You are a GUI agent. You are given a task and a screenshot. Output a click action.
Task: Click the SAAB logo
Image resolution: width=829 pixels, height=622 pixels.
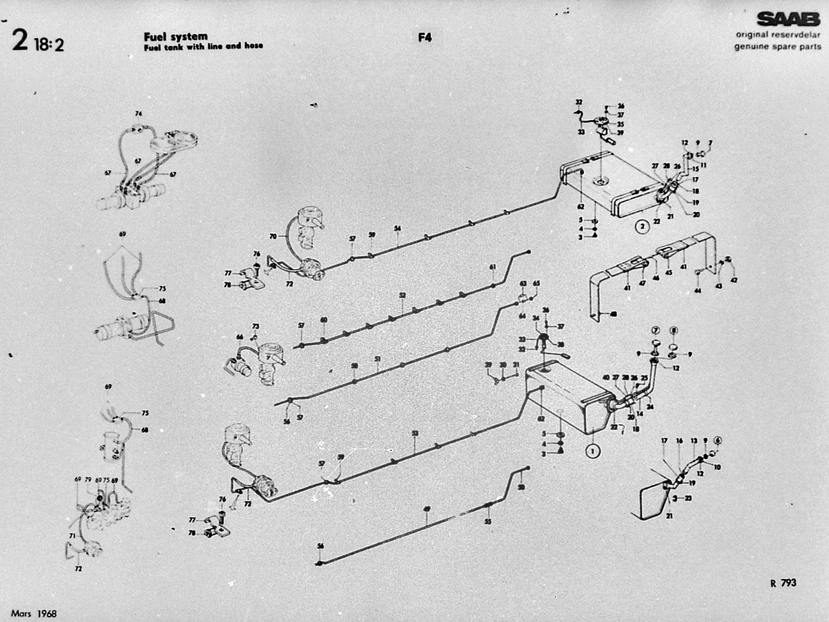click(x=788, y=19)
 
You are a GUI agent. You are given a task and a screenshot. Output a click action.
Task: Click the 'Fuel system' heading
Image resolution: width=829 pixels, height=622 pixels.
click(x=176, y=36)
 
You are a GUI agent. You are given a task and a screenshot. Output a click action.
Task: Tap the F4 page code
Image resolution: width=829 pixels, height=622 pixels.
click(x=424, y=37)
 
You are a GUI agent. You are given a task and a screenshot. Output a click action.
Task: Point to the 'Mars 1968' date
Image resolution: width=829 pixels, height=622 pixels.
click(x=34, y=613)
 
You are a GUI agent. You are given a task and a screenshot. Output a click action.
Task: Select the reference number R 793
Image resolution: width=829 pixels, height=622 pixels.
click(x=783, y=583)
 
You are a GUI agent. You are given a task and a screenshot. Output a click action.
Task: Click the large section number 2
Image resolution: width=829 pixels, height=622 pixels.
click(x=20, y=40)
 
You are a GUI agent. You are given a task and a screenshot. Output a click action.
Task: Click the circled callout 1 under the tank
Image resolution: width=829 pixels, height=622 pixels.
click(x=592, y=450)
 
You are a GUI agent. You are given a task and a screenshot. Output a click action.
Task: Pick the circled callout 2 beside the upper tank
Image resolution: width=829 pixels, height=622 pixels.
click(x=642, y=226)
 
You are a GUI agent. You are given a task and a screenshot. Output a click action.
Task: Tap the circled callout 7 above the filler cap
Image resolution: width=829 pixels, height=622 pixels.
click(x=656, y=330)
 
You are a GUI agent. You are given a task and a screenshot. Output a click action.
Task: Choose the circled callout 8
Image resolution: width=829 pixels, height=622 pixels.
click(x=674, y=330)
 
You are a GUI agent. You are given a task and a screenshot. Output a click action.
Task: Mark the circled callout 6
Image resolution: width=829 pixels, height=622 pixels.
click(x=718, y=441)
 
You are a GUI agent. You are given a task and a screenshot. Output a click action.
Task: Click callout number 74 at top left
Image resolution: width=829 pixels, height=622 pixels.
click(x=138, y=114)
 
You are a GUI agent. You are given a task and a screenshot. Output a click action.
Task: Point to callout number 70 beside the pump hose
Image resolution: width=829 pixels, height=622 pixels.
click(x=273, y=236)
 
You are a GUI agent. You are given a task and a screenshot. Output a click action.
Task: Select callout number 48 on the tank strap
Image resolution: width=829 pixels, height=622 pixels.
click(x=613, y=314)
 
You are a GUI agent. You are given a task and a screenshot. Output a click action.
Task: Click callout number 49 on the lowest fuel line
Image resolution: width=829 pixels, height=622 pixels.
click(x=427, y=509)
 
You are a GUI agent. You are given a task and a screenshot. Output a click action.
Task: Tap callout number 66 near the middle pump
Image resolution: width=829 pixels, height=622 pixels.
click(x=239, y=337)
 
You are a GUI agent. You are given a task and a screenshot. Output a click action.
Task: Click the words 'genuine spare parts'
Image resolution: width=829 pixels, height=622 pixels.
click(x=778, y=46)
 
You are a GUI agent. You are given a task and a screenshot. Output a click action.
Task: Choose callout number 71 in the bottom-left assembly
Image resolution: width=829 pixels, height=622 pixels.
click(x=72, y=536)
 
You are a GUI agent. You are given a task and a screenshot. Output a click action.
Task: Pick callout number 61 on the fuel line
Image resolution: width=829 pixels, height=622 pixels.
click(x=492, y=267)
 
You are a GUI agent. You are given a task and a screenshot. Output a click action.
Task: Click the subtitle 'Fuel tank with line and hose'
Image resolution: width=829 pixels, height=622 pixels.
click(x=203, y=46)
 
